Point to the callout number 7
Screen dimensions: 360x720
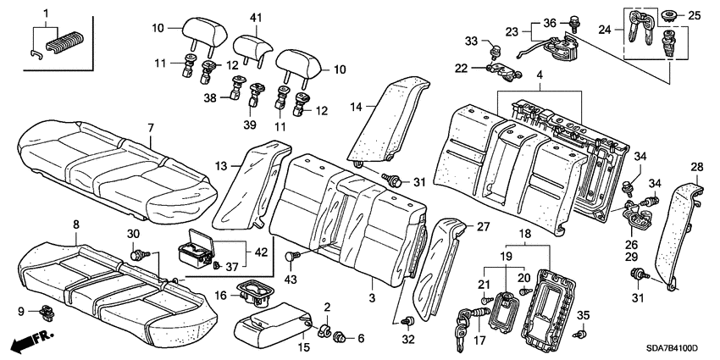point(150,128)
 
